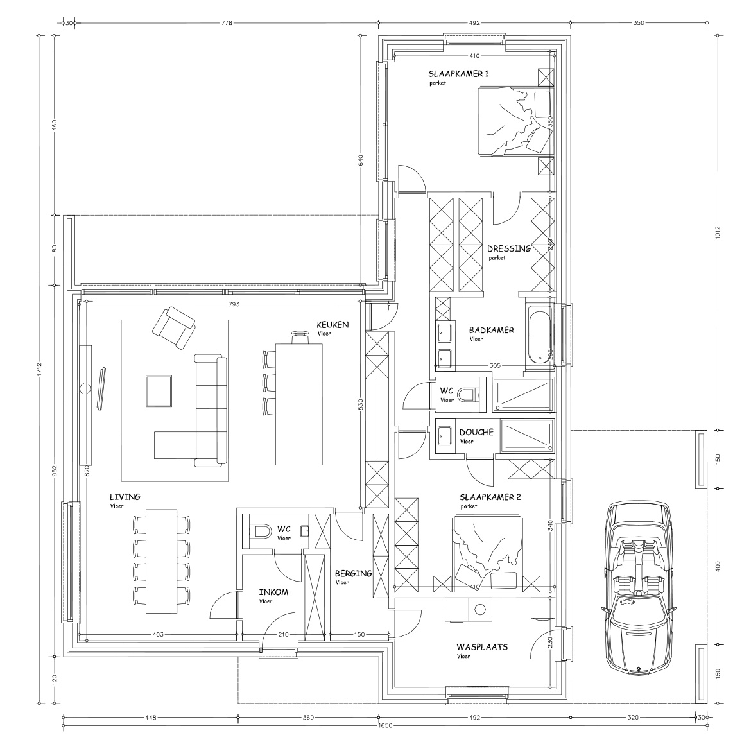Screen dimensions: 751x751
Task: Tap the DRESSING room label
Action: click(x=508, y=249)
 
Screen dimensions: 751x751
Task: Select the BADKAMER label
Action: click(x=491, y=330)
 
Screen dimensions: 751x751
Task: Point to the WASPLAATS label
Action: click(x=481, y=647)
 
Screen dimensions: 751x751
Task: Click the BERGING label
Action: click(x=353, y=574)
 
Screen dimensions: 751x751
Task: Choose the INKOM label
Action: click(x=273, y=592)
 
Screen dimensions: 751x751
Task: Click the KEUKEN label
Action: click(x=332, y=325)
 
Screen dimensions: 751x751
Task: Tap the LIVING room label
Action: click(x=125, y=497)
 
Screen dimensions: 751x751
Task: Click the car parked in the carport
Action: click(x=638, y=587)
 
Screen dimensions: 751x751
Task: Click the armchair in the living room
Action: click(x=174, y=327)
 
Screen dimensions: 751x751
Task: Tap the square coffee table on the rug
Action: click(x=159, y=391)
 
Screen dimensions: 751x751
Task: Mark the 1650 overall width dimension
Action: click(x=384, y=725)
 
